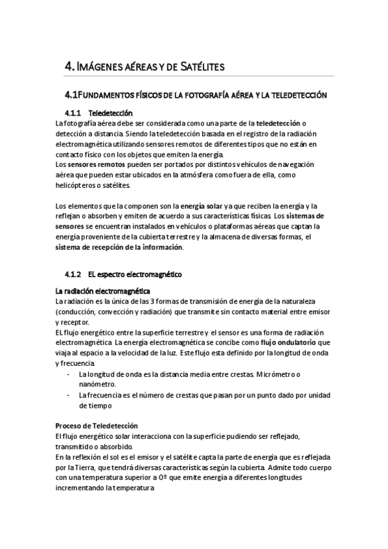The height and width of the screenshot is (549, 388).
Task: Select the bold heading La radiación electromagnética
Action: (103, 292)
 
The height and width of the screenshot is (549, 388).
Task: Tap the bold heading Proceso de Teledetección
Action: (97, 426)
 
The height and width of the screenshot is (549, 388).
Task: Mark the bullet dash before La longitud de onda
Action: (69, 375)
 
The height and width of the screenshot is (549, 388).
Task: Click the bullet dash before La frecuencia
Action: (69, 395)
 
